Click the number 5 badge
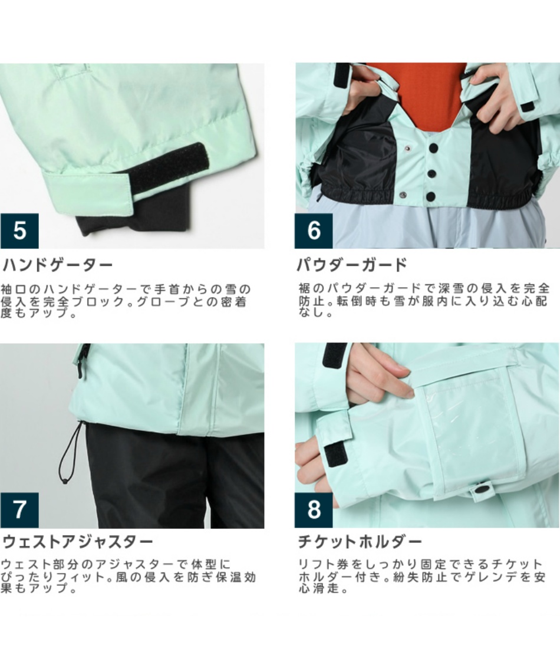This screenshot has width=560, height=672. click(x=19, y=230)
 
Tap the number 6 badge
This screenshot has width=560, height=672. click(x=314, y=230)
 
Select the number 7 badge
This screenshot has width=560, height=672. click(x=19, y=510)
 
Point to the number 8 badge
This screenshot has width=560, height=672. click(x=314, y=510)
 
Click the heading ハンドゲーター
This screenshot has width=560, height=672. click(x=58, y=265)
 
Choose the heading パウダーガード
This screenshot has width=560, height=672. click(x=352, y=265)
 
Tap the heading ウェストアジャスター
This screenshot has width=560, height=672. click(x=78, y=542)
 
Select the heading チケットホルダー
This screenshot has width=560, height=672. click(x=360, y=542)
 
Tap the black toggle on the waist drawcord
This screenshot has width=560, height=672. click(x=65, y=482)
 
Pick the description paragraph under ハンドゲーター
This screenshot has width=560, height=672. click(x=125, y=301)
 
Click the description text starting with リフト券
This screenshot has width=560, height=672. click(x=421, y=576)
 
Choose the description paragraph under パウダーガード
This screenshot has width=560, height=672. click(x=424, y=300)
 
